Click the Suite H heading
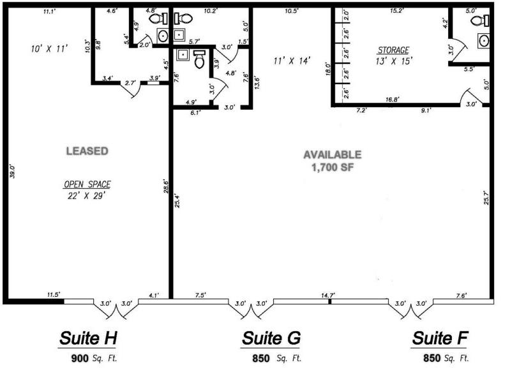[88, 338]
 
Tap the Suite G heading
[271, 338]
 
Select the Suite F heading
[440, 338]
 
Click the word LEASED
[87, 151]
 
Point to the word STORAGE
[393, 50]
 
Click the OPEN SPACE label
[87, 184]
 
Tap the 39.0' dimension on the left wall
[13, 171]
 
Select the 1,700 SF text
[333, 167]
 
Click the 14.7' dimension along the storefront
[328, 295]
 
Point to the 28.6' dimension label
[166, 186]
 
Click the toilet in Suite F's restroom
[480, 20]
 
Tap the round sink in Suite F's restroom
[484, 41]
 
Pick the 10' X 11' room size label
[49, 49]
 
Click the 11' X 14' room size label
[292, 61]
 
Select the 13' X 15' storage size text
[394, 61]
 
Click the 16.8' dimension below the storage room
[392, 99]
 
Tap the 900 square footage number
[80, 358]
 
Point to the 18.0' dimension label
[328, 69]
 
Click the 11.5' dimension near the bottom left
[54, 295]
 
